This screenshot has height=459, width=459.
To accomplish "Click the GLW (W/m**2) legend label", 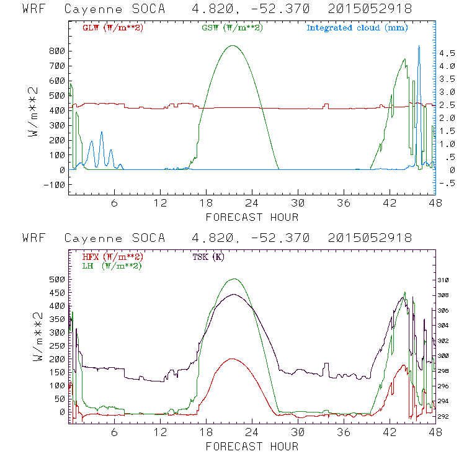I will pyautogui.click(x=109, y=28).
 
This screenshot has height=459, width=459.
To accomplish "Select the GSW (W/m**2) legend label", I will pyautogui.click(x=228, y=28).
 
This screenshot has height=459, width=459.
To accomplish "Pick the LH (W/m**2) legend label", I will pyautogui.click(x=109, y=265).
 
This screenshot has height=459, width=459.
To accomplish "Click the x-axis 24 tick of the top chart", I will pyautogui.click(x=252, y=203).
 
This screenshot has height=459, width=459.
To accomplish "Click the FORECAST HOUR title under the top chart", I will pyautogui.click(x=252, y=217).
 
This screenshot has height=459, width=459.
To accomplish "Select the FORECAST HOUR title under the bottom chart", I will pyautogui.click(x=252, y=446).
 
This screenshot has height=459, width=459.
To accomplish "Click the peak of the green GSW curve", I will pyautogui.click(x=233, y=45).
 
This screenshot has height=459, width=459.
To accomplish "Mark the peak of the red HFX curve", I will pyautogui.click(x=233, y=359).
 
